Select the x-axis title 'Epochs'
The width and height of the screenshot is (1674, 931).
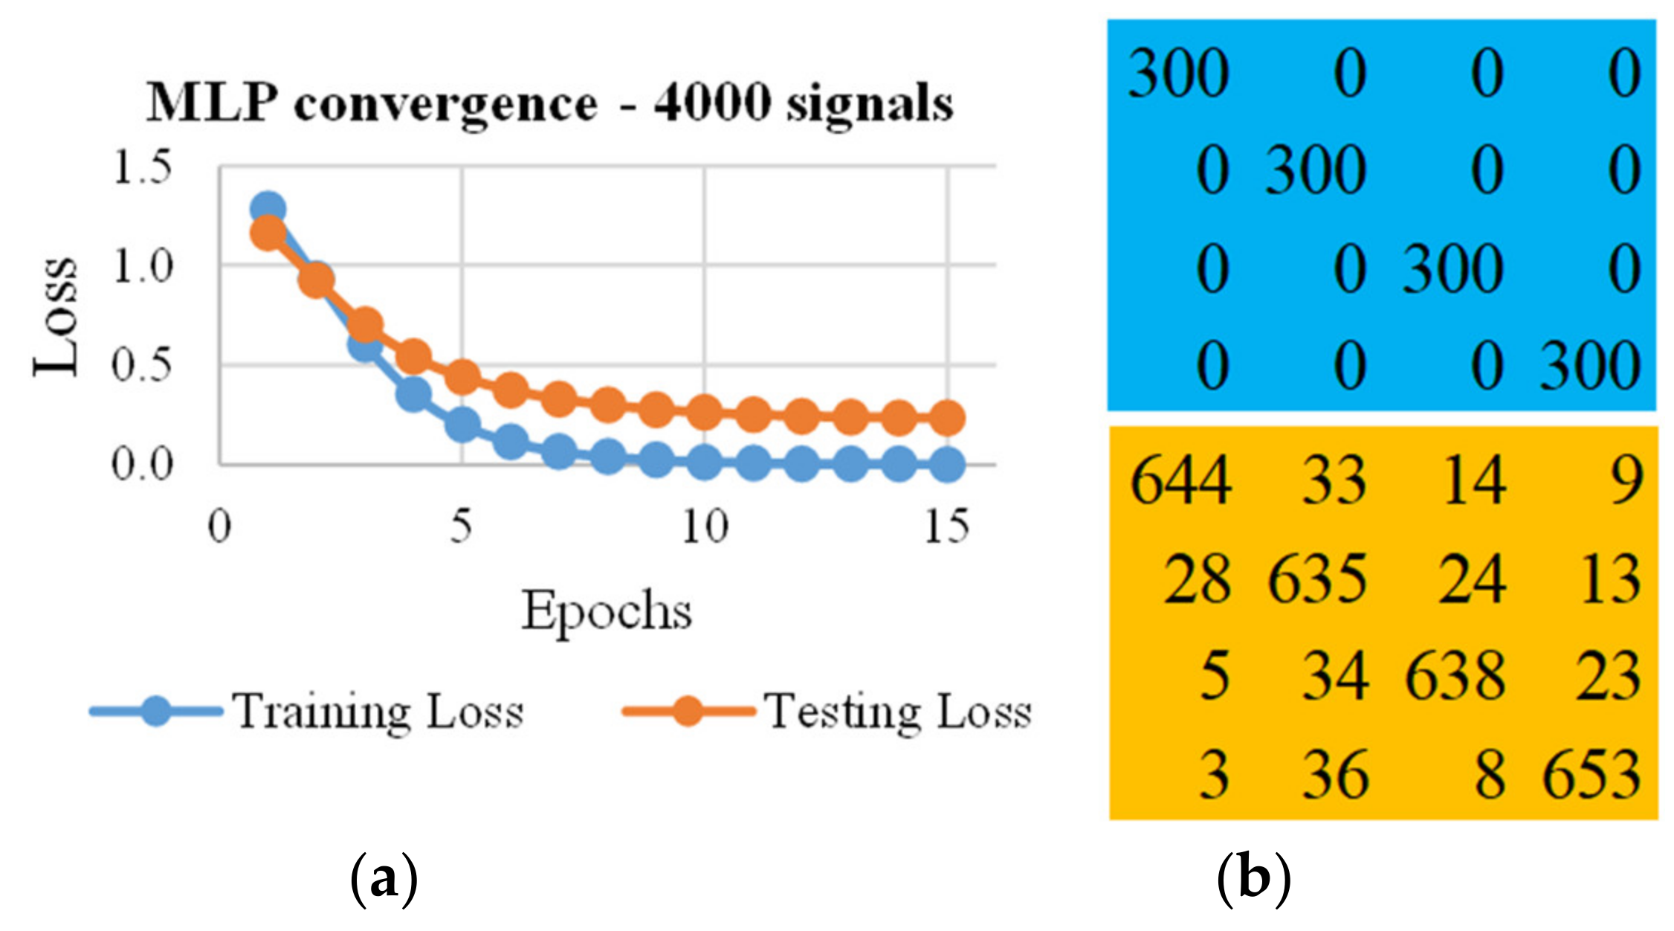pyautogui.click(x=607, y=611)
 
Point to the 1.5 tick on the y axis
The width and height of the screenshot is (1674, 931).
pyautogui.click(x=141, y=167)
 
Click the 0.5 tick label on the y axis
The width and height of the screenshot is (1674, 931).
pyautogui.click(x=141, y=365)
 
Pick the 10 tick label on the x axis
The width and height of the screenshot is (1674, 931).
pyautogui.click(x=705, y=527)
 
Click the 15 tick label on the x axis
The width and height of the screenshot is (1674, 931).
pyautogui.click(x=946, y=527)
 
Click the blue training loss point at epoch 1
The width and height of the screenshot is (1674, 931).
pyautogui.click(x=268, y=209)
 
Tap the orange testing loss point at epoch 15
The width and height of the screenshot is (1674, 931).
pyautogui.click(x=947, y=418)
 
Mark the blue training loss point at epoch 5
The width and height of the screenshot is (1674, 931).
pyautogui.click(x=462, y=424)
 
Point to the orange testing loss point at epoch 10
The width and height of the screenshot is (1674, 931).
pyautogui.click(x=705, y=411)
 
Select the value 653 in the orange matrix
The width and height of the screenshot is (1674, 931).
pyautogui.click(x=1591, y=776)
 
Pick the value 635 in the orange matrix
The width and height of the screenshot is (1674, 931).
pyautogui.click(x=1317, y=579)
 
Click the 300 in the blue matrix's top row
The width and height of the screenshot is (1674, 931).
pyautogui.click(x=1178, y=74)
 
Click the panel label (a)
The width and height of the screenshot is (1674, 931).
pyautogui.click(x=384, y=881)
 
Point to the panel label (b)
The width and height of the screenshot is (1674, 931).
pyautogui.click(x=1253, y=881)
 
